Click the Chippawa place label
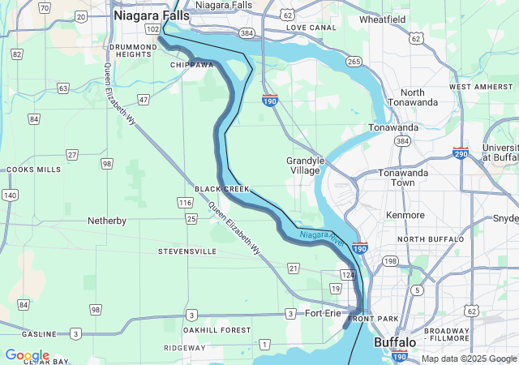pos(191,64)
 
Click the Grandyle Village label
pos(305,165)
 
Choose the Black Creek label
pos(222,188)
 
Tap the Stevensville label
pos(187,251)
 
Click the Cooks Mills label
pos(33,170)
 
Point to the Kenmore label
pos(405,215)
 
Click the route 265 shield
pos(354,62)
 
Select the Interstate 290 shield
pos(461,153)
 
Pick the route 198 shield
pos(391,261)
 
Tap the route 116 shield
pos(185,202)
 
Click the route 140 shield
pos(10,195)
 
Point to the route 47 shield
pos(144,100)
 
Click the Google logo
pos(27,355)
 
